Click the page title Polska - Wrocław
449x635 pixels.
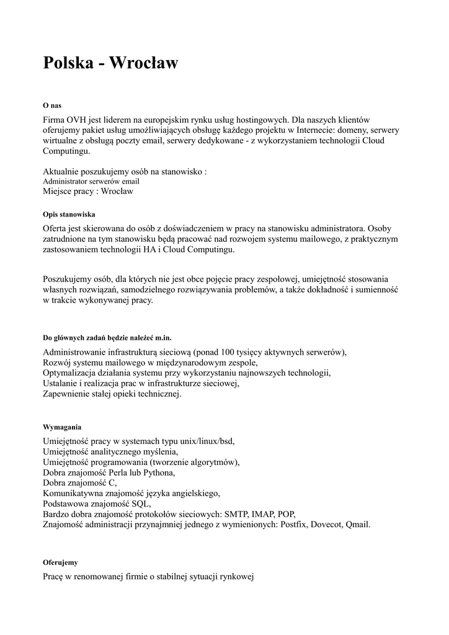[x=110, y=63]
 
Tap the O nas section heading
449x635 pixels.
[x=52, y=105]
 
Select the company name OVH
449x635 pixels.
[x=77, y=119]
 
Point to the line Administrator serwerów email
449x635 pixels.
[x=91, y=182]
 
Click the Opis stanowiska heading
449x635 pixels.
[x=68, y=214]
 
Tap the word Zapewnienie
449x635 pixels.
[x=66, y=394]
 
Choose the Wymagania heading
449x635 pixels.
[x=62, y=427]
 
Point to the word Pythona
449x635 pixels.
[x=159, y=473]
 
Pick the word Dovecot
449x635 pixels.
[x=326, y=525]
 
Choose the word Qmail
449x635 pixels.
[x=358, y=525]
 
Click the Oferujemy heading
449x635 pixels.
[x=60, y=562]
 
